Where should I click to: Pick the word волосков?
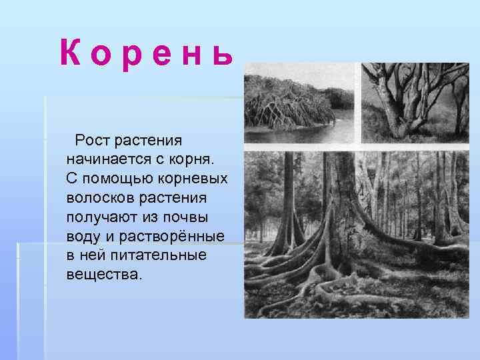tap(99, 199)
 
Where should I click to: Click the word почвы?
tap(189, 218)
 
